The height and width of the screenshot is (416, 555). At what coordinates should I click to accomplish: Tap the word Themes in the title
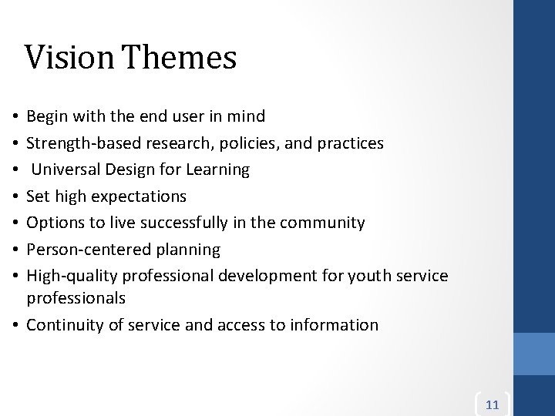(x=179, y=58)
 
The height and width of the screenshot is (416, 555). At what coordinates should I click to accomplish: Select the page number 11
(x=493, y=404)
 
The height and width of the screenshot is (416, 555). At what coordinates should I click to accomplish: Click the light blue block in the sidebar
(x=534, y=354)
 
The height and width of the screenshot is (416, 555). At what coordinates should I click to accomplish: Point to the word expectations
(x=139, y=196)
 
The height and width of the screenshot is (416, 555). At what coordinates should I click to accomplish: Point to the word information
(x=334, y=325)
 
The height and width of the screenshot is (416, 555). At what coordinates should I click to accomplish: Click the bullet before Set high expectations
(x=15, y=196)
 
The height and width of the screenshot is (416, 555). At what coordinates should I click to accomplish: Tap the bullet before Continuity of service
(x=15, y=325)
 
